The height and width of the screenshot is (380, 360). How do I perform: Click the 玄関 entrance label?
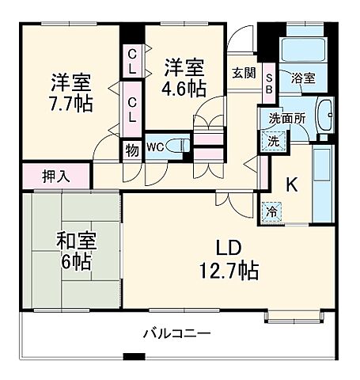243,72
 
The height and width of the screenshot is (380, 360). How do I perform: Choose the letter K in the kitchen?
291,185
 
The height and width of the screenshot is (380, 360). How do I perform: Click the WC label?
155,146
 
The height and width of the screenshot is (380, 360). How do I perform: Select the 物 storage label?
129,148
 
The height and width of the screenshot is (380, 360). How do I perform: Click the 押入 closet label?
55,174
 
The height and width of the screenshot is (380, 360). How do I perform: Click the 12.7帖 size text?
229,272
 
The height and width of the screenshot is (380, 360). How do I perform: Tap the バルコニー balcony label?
176,333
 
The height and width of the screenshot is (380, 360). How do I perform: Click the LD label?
229,245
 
